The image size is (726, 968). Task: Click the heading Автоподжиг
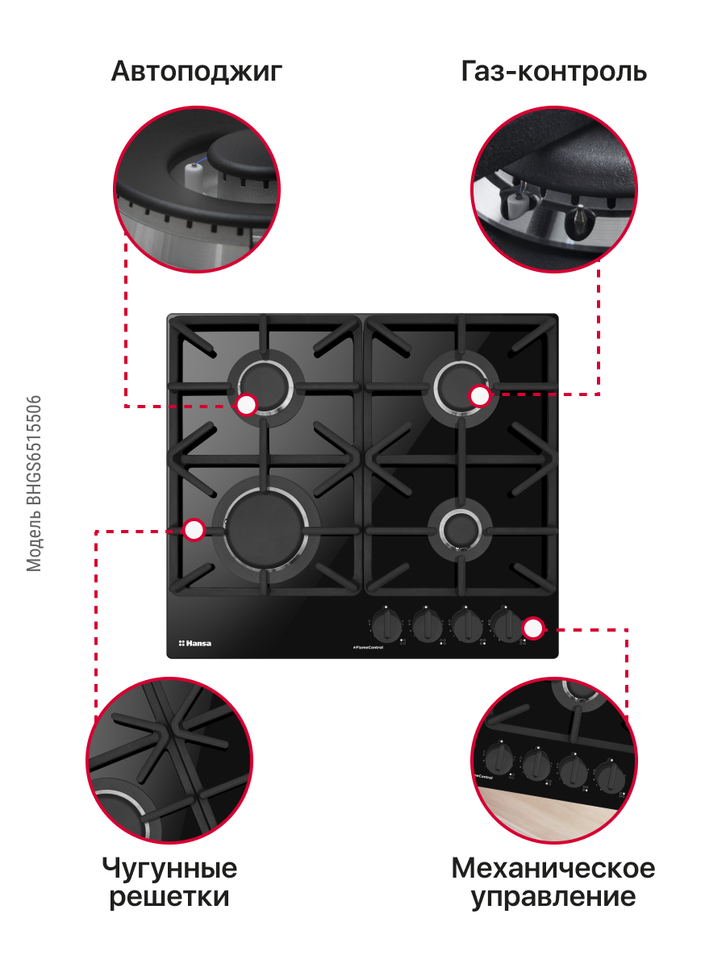[x=197, y=73]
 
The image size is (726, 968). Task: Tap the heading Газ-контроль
[x=553, y=71]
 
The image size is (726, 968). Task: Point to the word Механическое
[x=553, y=868]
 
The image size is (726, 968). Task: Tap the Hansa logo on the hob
[x=195, y=644]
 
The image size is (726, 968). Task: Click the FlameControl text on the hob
[x=368, y=648]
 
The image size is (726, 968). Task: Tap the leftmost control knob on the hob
[x=386, y=625]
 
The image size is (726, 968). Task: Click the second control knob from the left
[x=427, y=625]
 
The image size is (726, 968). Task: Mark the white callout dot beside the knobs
[x=533, y=628]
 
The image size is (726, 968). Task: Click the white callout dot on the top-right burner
[x=480, y=395]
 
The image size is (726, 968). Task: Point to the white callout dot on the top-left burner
[x=246, y=404]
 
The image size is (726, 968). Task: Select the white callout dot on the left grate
[x=194, y=530]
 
